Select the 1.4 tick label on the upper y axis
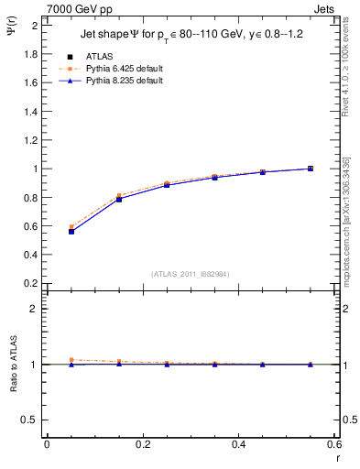tap(29, 112)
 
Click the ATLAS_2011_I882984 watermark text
tap(191, 273)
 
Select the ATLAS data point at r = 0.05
tap(71, 232)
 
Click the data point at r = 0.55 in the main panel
tap(311, 169)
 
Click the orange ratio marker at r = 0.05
tap(71, 360)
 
